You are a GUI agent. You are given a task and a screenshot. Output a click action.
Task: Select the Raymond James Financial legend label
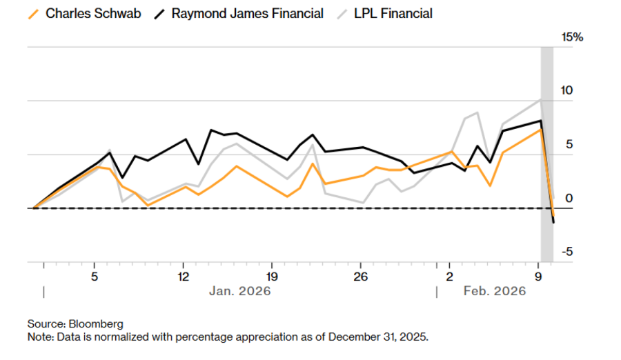tap(247, 13)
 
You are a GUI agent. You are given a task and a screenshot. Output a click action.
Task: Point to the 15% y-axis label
tap(572, 37)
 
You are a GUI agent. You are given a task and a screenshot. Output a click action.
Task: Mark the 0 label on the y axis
tap(569, 199)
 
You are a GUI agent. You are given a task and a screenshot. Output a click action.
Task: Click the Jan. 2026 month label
tap(239, 291)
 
